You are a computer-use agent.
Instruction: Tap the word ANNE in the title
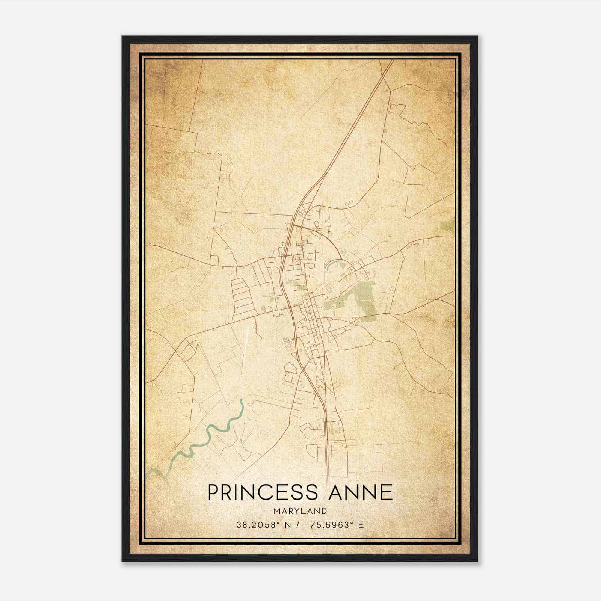[361, 492]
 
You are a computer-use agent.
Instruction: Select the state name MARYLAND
[300, 511]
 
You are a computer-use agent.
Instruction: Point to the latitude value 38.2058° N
[262, 525]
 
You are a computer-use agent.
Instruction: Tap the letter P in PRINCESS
[213, 492]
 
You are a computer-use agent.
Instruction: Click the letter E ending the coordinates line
[361, 525]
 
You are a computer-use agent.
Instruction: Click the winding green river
[210, 432]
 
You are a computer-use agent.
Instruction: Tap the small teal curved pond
[331, 265]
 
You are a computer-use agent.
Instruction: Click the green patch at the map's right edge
[447, 227]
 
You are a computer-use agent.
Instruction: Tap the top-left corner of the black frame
[123, 37]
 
